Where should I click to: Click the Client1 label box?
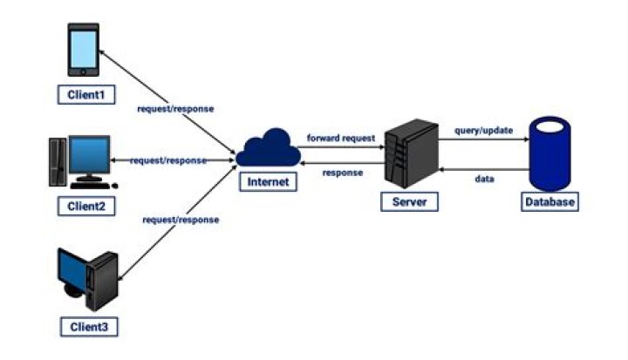click(86, 93)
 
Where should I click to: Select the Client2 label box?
click(86, 207)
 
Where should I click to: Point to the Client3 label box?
click(88, 327)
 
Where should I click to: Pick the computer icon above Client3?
click(87, 279)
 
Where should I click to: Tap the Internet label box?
click(267, 182)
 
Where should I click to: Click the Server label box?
click(410, 201)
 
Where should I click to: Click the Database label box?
click(549, 202)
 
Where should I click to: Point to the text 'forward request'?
click(340, 138)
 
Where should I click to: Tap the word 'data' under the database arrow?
click(485, 178)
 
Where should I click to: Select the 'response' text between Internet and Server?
click(342, 173)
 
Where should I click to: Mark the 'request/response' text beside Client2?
click(168, 160)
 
